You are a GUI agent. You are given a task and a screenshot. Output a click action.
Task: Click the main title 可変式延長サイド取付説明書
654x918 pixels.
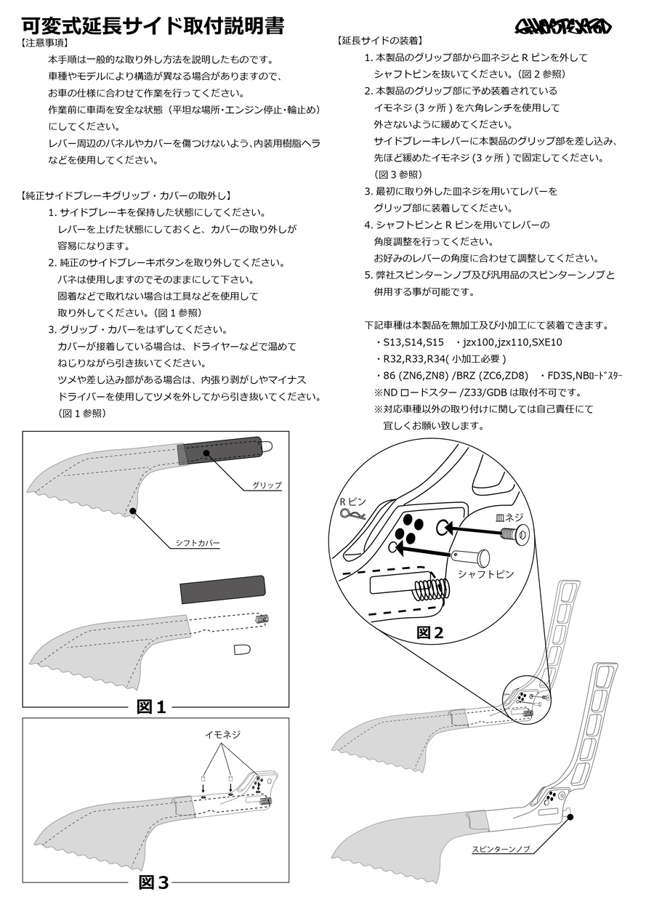tap(153, 26)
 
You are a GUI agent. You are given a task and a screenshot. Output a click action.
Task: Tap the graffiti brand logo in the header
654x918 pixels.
tap(563, 28)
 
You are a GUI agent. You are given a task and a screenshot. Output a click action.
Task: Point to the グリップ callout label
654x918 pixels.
tap(267, 485)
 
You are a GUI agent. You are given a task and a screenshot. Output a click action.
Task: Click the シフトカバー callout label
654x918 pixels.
tap(197, 542)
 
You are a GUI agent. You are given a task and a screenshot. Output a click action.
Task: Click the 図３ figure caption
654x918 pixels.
tap(153, 882)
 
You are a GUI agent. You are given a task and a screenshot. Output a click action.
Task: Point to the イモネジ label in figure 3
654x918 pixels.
tap(222, 735)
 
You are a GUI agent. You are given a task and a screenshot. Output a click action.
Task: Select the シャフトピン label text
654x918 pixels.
tap(485, 574)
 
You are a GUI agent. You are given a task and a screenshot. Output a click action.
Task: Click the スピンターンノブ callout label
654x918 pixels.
tap(501, 848)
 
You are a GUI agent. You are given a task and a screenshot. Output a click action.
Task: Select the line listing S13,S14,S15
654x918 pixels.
tap(409, 342)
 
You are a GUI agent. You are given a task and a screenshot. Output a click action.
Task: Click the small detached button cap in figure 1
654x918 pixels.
tap(243, 649)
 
